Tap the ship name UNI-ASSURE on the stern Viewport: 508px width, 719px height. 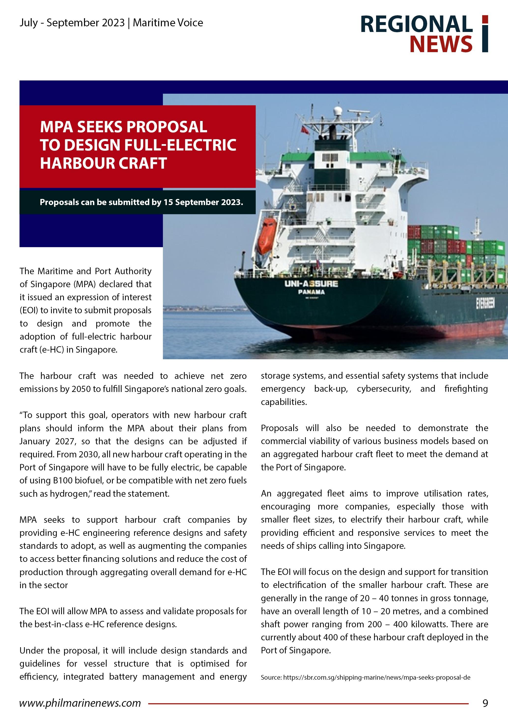311,284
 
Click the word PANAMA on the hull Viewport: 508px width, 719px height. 311,292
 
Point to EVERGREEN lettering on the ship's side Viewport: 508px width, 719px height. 485,303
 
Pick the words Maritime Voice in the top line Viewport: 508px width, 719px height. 168,23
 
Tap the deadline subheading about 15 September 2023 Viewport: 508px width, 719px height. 141,202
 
